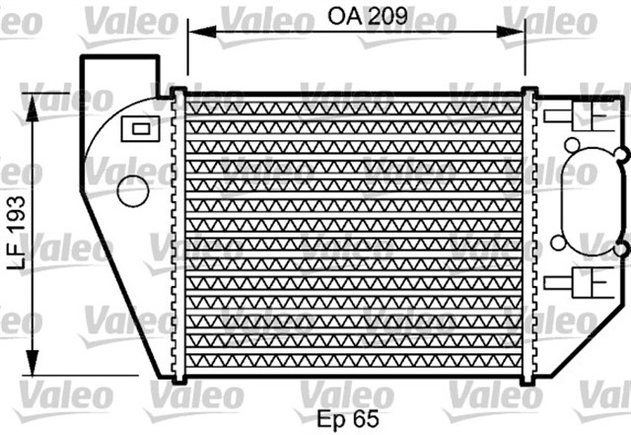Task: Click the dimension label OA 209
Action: pyautogui.click(x=366, y=16)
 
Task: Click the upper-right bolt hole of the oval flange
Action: pyautogui.click(x=622, y=154)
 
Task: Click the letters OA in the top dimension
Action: pyautogui.click(x=342, y=16)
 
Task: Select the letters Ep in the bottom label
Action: pyautogui.click(x=330, y=418)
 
